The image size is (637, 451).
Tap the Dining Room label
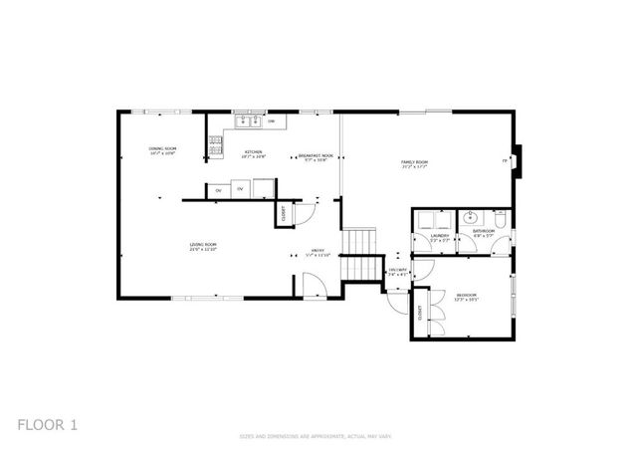[x=162, y=151]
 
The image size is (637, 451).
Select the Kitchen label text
[x=253, y=152]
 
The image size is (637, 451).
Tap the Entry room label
[x=318, y=253]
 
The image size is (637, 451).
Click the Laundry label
[x=439, y=238]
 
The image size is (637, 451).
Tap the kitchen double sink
[x=248, y=120]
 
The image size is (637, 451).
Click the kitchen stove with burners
[x=215, y=145]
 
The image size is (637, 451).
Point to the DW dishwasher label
[x=271, y=120]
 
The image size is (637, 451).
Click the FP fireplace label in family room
[x=505, y=160]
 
